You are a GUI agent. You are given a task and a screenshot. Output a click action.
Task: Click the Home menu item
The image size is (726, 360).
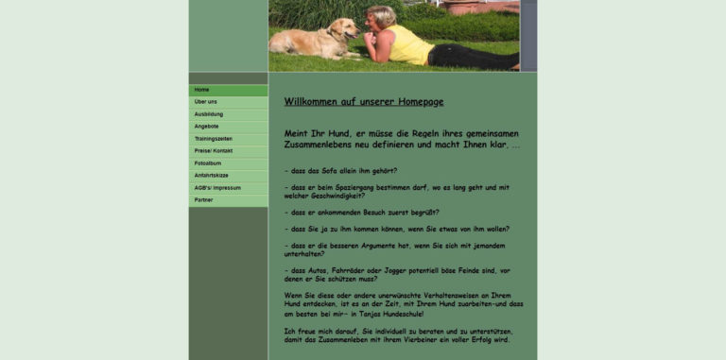(202, 90)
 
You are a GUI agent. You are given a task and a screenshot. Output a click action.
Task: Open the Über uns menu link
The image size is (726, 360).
(206, 102)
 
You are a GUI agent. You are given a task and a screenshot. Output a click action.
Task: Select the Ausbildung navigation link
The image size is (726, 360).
(209, 114)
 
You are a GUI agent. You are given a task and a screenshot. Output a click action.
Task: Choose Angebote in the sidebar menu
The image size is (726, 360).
(207, 127)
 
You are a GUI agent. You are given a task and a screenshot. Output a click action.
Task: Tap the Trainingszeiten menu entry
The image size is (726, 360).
(214, 139)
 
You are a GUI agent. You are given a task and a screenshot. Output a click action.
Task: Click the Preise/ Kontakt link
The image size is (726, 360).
(214, 151)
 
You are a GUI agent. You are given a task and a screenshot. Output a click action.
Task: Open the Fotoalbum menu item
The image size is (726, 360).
(208, 163)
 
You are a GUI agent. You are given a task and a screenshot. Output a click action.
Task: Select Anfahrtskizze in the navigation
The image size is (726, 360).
(212, 176)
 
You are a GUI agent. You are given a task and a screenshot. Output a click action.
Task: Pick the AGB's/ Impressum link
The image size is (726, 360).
(217, 188)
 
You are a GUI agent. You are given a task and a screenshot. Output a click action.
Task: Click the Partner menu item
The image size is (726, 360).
(204, 200)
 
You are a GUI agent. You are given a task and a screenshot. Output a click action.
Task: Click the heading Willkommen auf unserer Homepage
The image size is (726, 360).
(364, 102)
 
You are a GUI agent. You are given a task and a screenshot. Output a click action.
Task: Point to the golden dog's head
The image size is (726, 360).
(346, 29)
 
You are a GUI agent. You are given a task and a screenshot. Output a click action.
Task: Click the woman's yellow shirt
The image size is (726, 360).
(409, 44)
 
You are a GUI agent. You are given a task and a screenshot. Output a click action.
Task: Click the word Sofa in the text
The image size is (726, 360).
(329, 171)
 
